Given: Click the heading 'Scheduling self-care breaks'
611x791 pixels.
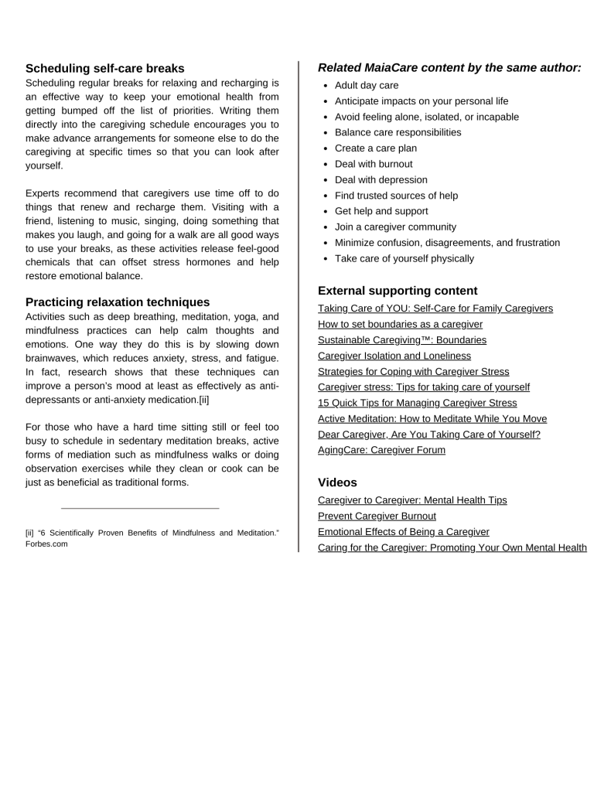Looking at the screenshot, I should tap(104, 68).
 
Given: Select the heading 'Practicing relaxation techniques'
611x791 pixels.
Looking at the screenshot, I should tap(118, 302).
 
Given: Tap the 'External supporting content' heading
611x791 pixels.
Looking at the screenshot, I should tap(398, 291).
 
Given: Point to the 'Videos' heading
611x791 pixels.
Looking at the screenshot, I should tap(337, 482).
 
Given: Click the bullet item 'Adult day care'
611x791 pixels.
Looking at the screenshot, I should tap(367, 85).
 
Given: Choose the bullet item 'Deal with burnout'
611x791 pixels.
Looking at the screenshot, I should tap(374, 164).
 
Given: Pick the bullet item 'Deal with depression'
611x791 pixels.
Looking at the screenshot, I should tap(381, 179).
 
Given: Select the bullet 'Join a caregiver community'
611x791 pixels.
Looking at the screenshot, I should tap(395, 227).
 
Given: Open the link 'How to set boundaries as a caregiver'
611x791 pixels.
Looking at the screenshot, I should tap(400, 324).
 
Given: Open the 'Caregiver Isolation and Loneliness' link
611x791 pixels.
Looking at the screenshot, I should tap(394, 356).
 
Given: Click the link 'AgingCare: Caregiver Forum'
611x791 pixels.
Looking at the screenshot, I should tap(381, 450).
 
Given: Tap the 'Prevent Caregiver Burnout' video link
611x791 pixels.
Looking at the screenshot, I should tap(377, 516).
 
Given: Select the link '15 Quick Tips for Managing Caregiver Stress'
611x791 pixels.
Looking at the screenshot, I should tap(418, 403).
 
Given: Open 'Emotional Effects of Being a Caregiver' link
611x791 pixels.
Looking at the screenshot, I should tap(404, 532).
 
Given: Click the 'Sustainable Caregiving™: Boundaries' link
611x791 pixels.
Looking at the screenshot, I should tap(402, 339).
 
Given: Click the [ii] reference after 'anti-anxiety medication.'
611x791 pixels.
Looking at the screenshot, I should tap(204, 400).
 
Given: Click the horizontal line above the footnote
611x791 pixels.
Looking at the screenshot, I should tap(140, 508).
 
